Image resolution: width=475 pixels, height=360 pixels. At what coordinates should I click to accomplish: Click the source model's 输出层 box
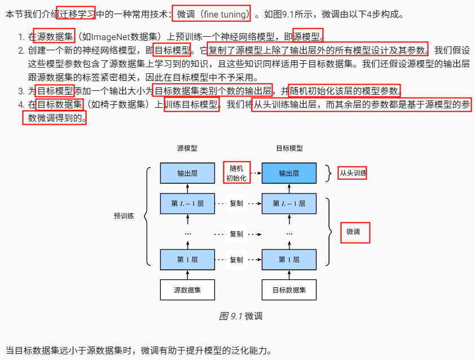point(187,173)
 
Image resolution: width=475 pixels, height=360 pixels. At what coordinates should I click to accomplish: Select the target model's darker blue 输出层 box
point(289,173)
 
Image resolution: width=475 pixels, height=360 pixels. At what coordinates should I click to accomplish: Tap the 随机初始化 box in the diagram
point(237,173)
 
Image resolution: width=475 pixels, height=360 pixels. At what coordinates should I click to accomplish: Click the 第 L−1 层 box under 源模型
point(187,203)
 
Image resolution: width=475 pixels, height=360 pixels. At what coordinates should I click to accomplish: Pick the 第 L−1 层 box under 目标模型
point(289,203)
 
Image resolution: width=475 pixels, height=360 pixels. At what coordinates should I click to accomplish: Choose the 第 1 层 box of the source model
point(187,260)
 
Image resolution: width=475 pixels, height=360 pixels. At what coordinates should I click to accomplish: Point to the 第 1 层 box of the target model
point(289,260)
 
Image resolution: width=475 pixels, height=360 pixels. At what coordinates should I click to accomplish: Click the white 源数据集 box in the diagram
point(187,290)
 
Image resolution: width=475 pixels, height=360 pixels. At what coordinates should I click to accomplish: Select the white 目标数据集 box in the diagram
point(289,290)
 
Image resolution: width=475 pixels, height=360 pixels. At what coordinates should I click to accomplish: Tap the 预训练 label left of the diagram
point(124,216)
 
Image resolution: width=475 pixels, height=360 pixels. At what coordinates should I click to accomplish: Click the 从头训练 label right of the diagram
point(353,173)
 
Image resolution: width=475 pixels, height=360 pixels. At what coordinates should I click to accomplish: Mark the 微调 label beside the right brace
point(354,231)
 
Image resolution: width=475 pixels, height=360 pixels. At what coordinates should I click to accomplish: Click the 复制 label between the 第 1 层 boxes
point(236,260)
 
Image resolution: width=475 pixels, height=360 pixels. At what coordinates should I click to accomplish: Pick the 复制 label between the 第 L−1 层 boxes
point(236,203)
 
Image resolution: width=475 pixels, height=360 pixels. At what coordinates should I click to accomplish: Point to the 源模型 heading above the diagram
point(187,148)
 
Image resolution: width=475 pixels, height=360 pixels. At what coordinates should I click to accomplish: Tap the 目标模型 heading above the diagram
point(289,148)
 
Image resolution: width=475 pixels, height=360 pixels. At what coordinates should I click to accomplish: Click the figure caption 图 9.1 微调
point(240,317)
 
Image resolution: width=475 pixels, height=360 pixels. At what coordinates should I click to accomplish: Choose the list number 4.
point(20,105)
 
